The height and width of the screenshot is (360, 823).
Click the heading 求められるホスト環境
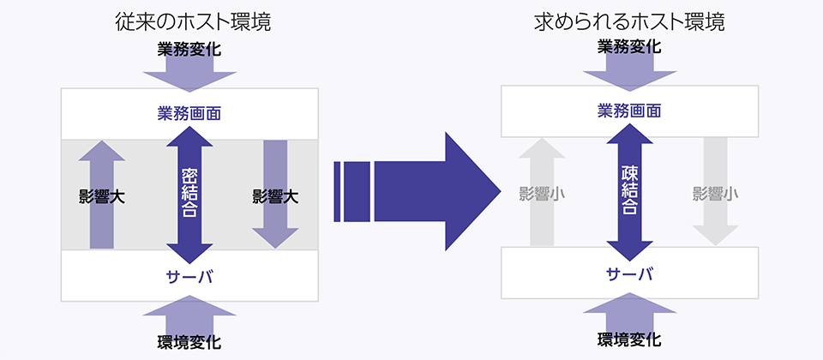point(629,22)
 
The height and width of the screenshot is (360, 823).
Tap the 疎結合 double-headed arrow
point(629,192)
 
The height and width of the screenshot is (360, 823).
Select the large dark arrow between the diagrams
point(418,191)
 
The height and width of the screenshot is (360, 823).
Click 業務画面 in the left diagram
point(189,113)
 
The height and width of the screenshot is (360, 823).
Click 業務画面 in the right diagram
point(629,111)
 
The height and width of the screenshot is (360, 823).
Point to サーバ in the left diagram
point(189,276)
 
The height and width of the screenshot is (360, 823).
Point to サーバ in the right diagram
point(629,273)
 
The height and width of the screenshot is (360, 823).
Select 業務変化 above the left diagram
point(189,50)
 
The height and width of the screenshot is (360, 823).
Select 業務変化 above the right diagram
point(629,47)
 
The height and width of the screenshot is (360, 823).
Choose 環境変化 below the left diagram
point(189,342)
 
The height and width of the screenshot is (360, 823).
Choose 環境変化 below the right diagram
point(629,339)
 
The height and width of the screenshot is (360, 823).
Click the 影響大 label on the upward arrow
point(102,197)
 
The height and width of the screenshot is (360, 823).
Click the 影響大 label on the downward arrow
point(275,197)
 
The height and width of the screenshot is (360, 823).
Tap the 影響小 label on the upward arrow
point(542,195)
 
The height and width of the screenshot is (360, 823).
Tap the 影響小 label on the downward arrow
point(715,195)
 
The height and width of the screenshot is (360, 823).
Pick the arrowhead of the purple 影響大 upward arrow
point(102,151)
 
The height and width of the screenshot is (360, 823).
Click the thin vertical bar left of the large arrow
point(338,191)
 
